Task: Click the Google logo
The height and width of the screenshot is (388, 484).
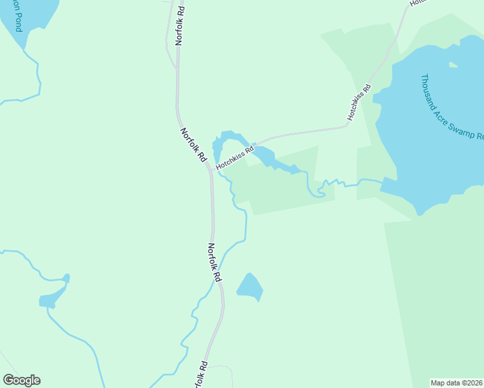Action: (x=21, y=380)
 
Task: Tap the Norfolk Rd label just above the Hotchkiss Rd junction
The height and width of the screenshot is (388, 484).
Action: (x=193, y=144)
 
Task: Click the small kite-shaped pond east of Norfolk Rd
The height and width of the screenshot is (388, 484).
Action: (x=250, y=286)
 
